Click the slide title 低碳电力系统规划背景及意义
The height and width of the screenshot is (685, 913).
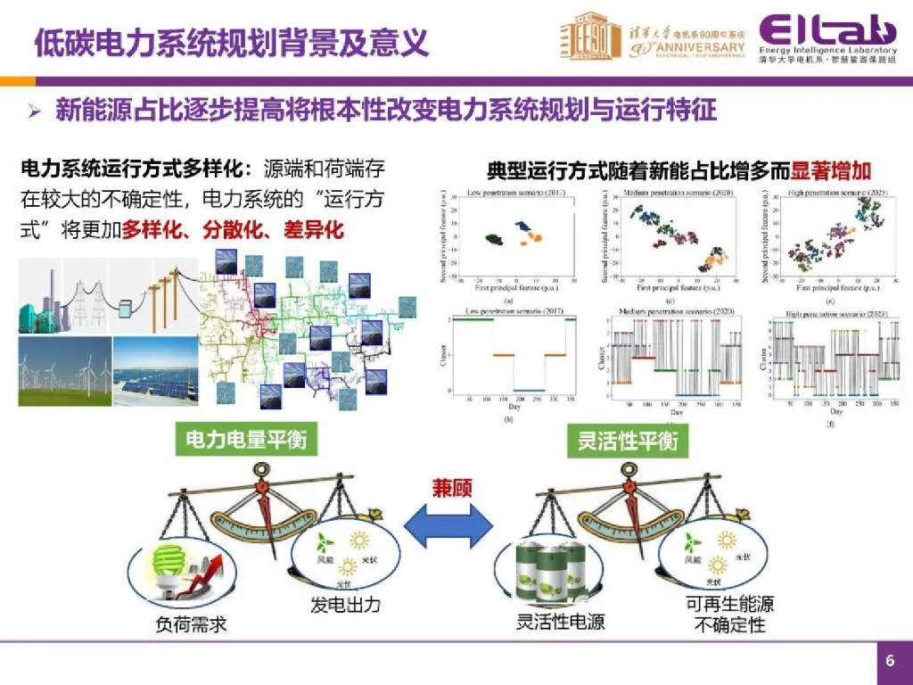(x=231, y=42)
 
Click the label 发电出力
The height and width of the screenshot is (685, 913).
(x=345, y=605)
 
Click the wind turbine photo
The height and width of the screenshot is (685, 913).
(x=64, y=371)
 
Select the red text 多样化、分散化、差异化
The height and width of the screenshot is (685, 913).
(x=233, y=229)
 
